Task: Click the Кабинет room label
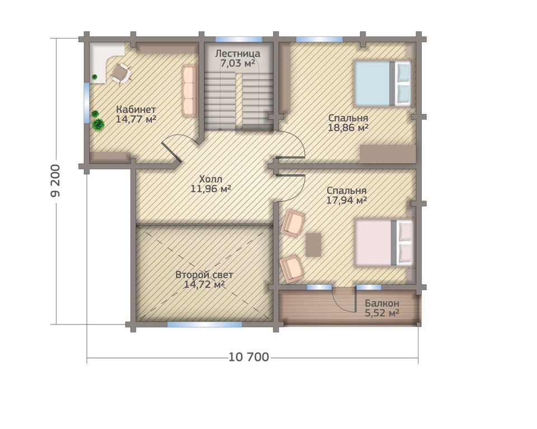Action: pos(136,110)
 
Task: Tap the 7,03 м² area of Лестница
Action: pos(237,63)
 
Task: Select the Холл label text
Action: pos(211,179)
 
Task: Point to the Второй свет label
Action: pos(205,275)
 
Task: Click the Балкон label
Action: pos(382,303)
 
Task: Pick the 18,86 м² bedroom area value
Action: pos(348,128)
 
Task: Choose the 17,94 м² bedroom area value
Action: pos(347,200)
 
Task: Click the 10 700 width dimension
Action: pos(249,357)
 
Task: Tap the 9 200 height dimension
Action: pos(55,180)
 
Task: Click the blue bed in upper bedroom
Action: pos(382,83)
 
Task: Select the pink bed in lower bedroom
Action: pos(384,243)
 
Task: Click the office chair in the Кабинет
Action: pos(121,73)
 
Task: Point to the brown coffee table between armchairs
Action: pos(313,245)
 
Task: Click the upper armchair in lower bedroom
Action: pos(293,223)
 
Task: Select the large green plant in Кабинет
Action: pos(98,124)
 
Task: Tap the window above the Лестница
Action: pos(239,39)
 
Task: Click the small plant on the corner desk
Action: pos(95,77)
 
